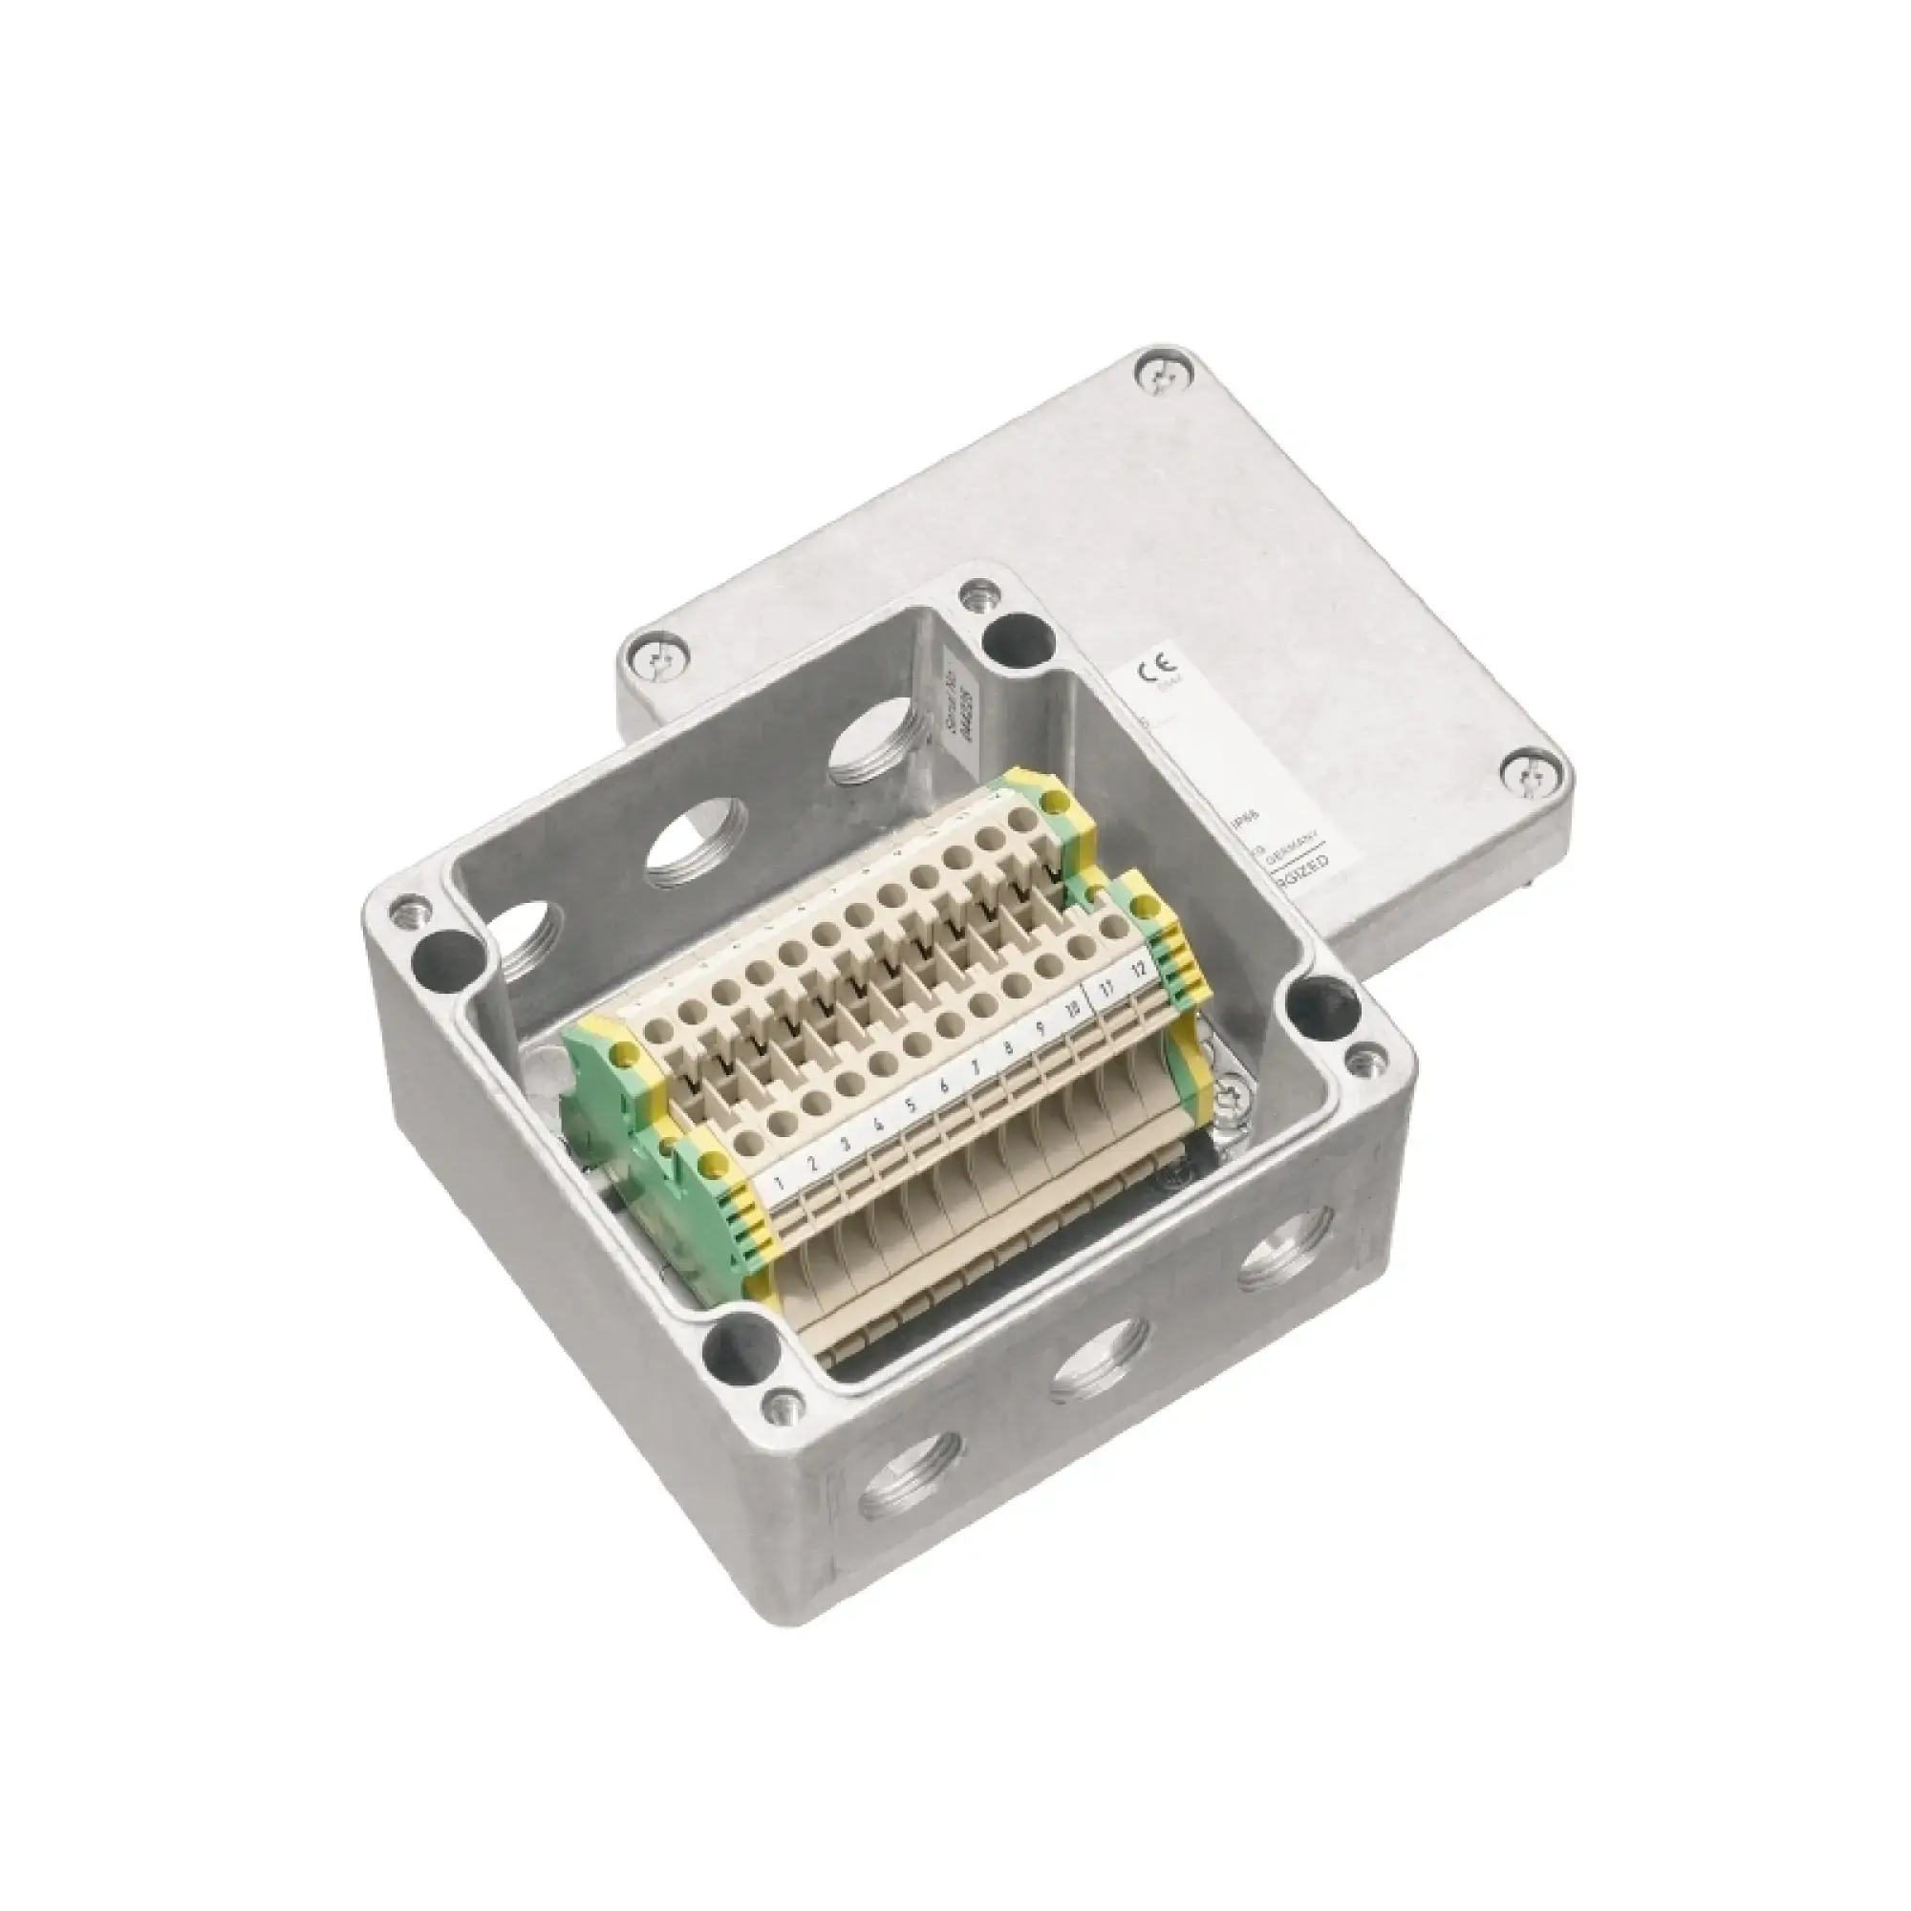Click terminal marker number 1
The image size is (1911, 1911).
[782, 1181]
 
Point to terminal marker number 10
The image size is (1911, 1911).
[1072, 1010]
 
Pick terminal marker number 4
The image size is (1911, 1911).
[878, 1125]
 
